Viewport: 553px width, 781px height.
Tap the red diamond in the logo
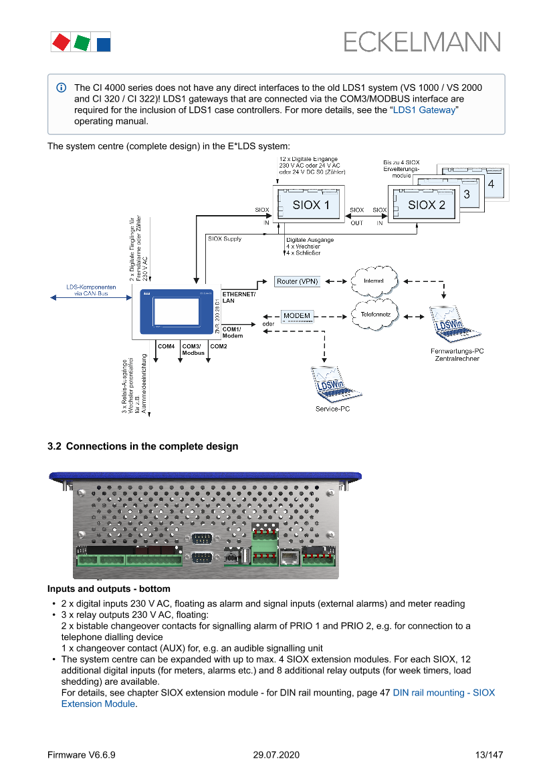tap(61, 43)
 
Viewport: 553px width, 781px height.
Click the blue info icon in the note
tap(61, 88)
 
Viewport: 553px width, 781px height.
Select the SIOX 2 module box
tap(426, 205)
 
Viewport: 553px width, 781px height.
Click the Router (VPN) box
tap(298, 281)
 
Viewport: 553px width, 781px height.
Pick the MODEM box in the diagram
tap(296, 315)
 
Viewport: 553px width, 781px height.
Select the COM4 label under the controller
tap(166, 347)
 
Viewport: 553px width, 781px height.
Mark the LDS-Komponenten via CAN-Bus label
tap(91, 290)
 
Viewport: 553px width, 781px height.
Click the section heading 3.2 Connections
tap(142, 446)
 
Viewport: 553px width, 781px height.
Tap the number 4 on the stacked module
tap(491, 182)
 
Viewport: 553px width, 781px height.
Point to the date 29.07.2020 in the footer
tap(276, 755)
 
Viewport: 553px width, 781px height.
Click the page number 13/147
tap(487, 755)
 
